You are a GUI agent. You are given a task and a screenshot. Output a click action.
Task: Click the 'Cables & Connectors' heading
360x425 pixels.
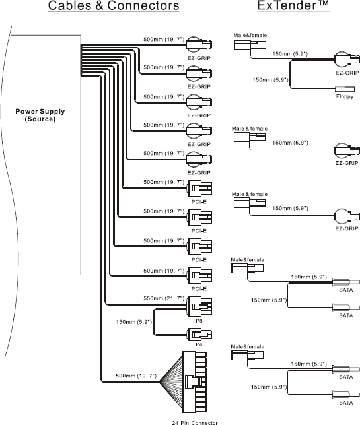(114, 6)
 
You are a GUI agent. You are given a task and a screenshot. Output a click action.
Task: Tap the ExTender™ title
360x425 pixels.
(293, 6)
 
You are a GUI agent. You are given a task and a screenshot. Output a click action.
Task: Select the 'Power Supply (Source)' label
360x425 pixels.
(40, 115)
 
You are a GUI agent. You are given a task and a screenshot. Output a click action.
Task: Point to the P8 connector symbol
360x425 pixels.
(199, 307)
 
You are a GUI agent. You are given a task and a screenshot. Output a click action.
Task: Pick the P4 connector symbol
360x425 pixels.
(199, 335)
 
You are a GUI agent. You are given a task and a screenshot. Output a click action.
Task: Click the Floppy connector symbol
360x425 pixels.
(345, 89)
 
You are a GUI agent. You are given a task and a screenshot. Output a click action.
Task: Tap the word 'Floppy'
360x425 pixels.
(345, 96)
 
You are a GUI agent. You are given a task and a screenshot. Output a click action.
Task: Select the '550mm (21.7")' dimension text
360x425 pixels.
(164, 298)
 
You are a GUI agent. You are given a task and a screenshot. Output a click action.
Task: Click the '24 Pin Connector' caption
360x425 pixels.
(195, 422)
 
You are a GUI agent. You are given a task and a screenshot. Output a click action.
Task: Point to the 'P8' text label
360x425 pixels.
(199, 321)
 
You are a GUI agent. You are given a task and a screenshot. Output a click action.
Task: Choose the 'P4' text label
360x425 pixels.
(199, 344)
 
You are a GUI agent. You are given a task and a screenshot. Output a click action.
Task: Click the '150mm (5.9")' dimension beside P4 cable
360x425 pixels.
(133, 322)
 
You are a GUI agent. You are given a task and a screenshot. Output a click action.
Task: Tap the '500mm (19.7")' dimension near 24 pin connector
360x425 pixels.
(136, 376)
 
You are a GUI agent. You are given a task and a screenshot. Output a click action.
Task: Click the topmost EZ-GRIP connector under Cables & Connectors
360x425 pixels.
(199, 44)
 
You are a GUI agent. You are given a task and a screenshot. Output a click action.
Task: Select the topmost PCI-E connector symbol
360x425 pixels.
(199, 188)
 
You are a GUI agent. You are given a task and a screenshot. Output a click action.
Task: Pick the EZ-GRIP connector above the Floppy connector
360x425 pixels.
(347, 59)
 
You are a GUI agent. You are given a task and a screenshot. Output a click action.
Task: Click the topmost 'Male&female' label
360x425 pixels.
(250, 35)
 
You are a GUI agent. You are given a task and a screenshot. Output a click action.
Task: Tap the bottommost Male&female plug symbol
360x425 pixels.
(247, 355)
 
